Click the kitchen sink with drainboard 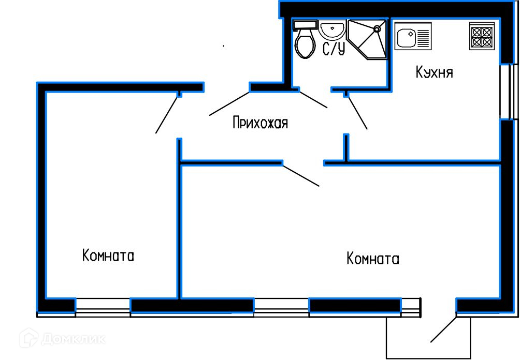coord(413,36)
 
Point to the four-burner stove coord(482,36)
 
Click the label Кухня coord(434,72)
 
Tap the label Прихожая coord(261,123)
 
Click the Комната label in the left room coord(108,255)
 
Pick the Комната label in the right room coord(373,258)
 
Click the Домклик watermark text coord(74,339)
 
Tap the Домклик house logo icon coord(29,338)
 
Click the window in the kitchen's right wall coord(509,92)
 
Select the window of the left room coord(103,308)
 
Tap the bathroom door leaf coord(314,100)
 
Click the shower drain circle coord(377,29)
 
